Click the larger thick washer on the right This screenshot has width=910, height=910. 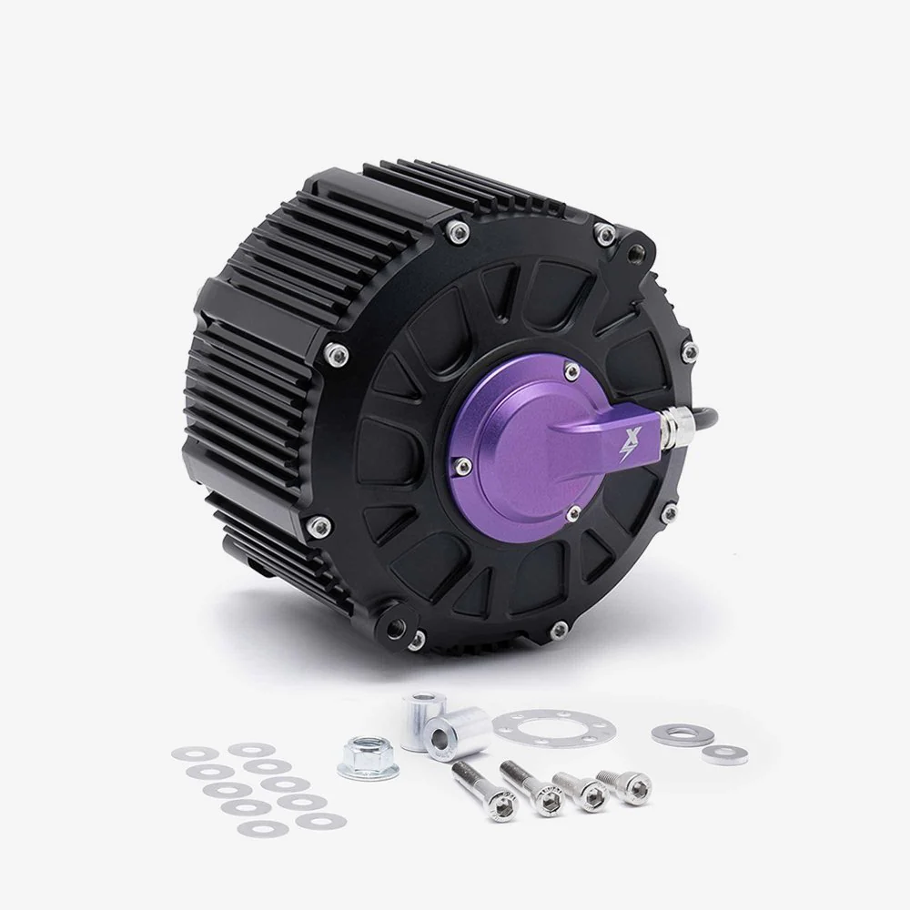click(x=677, y=732)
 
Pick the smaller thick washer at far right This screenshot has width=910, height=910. click(x=723, y=752)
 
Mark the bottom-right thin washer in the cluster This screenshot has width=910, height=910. click(x=317, y=821)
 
